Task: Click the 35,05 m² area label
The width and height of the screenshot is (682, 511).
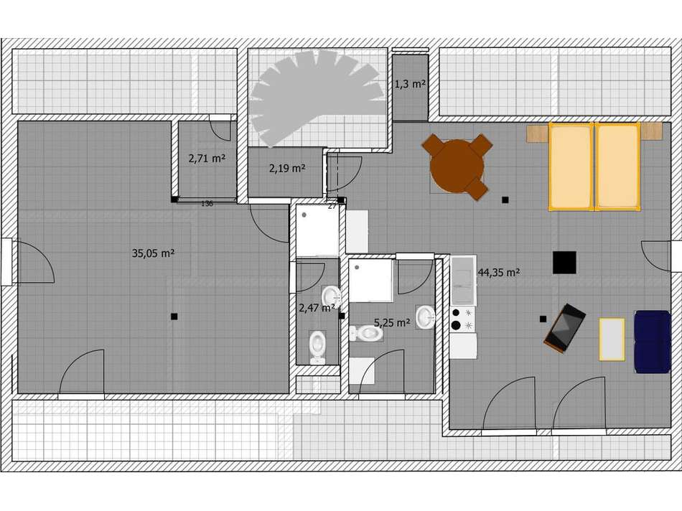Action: tap(154, 253)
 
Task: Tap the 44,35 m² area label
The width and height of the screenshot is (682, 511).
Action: tap(498, 272)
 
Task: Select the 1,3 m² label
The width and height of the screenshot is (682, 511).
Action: tap(410, 84)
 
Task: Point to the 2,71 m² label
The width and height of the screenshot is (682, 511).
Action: tap(207, 159)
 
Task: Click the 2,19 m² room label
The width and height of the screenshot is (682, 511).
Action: tap(287, 169)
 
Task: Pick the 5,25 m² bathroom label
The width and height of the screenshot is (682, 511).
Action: tap(392, 323)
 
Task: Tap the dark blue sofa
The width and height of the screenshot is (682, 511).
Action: tap(652, 341)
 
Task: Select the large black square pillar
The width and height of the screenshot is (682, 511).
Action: tap(565, 262)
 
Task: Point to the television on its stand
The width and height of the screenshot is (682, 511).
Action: tap(565, 327)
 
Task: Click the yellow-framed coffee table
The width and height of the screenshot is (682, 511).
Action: tap(612, 339)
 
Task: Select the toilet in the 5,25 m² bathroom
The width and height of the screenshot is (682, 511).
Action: tap(367, 333)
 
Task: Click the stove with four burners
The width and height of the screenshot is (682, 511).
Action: tap(462, 319)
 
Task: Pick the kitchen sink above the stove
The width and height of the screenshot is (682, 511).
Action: tap(462, 281)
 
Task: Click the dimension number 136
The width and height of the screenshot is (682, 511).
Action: tap(207, 204)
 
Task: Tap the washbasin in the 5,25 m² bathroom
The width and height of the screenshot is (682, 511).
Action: tap(426, 317)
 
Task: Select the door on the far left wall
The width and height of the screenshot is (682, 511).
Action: tap(32, 262)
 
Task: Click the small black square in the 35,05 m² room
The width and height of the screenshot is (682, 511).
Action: tap(174, 316)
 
